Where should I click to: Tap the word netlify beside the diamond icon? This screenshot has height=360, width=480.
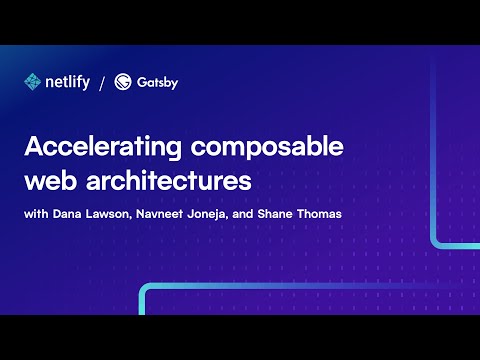point(67,82)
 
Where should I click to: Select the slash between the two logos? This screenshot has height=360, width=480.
point(103,82)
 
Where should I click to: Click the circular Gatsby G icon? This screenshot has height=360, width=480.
point(124,82)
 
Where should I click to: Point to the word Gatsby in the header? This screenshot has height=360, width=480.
point(158,82)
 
